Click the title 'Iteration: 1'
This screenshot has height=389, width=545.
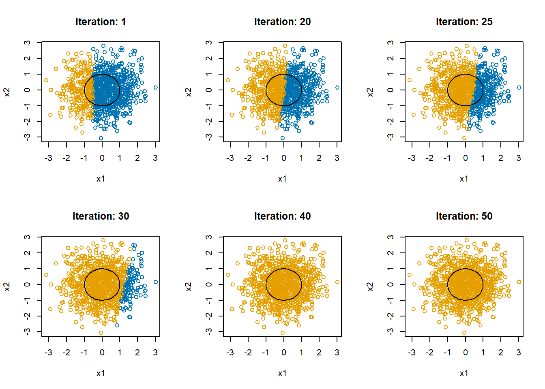pos(101,22)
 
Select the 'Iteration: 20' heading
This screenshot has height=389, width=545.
pos(282,22)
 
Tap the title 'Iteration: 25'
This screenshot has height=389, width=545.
pos(464,22)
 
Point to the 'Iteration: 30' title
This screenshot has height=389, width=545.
pos(101,216)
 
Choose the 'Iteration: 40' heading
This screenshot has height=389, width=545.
pos(282,216)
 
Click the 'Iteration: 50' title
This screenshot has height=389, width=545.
pos(464,216)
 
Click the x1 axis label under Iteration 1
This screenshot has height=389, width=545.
pos(101,179)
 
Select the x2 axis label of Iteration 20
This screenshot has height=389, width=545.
pos(188,92)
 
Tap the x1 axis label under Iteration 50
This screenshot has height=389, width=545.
pos(464,373)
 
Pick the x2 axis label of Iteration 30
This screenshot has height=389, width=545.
pos(6,286)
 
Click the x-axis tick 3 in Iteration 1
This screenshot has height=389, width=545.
pos(155,158)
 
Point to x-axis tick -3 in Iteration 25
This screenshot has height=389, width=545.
pos(412,158)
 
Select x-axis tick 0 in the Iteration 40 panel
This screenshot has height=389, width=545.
pos(284,353)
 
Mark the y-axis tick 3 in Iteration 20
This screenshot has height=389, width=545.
pos(209,43)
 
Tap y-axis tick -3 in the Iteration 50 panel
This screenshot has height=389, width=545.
pos(391,331)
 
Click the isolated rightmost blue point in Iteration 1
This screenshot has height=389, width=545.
pos(156,88)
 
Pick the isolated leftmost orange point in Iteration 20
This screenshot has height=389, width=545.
pos(228,80)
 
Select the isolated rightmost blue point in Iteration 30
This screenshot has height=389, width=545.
pos(156,282)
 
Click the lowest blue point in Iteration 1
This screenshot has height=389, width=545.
pos(101,138)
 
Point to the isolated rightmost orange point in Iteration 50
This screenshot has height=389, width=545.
pos(519,282)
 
